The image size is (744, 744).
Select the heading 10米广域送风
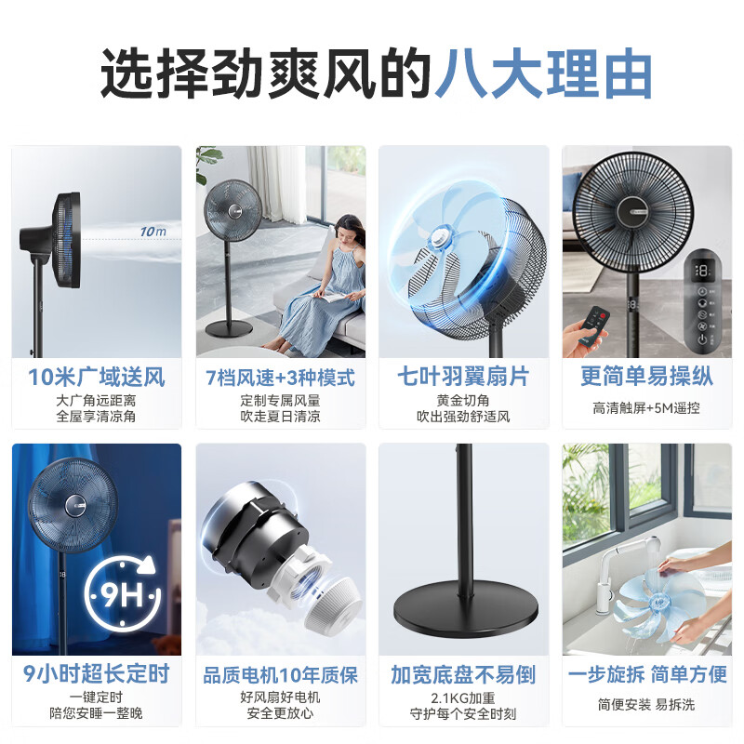pyautogui.click(x=96, y=377)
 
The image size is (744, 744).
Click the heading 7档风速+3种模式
pyautogui.click(x=280, y=377)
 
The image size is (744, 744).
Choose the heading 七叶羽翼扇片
pyautogui.click(x=463, y=377)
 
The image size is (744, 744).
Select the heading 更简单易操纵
pyautogui.click(x=646, y=377)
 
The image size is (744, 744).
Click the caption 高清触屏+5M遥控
pyautogui.click(x=646, y=407)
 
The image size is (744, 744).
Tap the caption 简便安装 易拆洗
pyautogui.click(x=646, y=704)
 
